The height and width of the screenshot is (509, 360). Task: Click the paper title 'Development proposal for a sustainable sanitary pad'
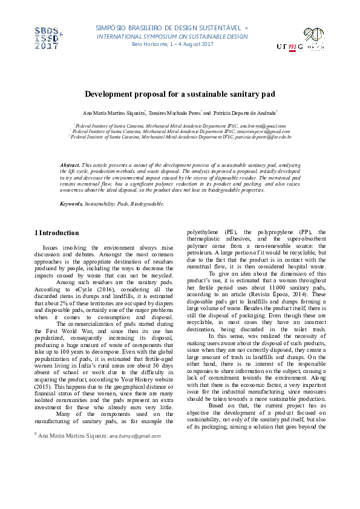180,95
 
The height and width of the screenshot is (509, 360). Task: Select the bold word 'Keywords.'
71,204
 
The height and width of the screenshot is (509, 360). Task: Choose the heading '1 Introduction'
57,233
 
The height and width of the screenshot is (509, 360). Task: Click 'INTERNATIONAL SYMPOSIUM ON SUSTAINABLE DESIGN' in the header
172,36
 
